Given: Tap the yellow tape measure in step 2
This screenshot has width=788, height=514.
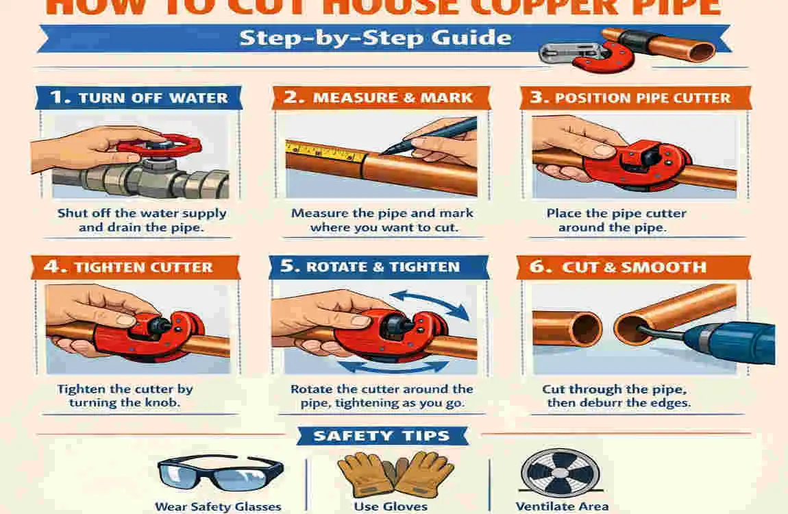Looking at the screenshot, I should point(322,151).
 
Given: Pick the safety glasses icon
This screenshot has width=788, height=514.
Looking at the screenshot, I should point(219,473).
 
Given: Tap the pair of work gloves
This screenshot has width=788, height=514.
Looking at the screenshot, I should point(395,473).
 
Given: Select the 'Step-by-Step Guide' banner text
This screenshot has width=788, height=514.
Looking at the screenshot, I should point(375,37).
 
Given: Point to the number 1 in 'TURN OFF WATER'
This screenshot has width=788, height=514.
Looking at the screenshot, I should point(60,97).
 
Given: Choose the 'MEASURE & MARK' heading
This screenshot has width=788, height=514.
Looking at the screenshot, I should point(393,97).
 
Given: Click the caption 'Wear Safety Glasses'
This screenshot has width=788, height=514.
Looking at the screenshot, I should point(218,507).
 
